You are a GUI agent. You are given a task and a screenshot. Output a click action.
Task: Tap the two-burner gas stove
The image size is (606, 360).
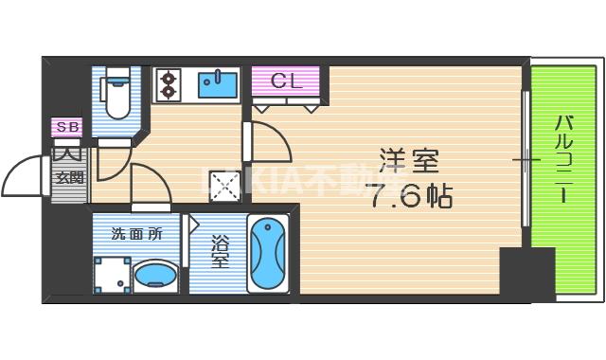pos(169,84)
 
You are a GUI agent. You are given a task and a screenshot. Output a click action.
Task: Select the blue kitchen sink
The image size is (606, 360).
pos(219,84)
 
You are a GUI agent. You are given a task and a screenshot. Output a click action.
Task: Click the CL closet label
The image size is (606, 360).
pos(286,81)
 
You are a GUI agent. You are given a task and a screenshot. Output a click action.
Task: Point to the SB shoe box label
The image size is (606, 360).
pos(67,126)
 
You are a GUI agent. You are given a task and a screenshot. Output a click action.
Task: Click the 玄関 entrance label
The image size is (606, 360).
pos(69,176)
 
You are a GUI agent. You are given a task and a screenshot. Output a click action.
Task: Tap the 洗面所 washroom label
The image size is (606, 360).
pos(137,233)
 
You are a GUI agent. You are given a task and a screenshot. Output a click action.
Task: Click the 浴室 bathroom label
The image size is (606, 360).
pos(220,252)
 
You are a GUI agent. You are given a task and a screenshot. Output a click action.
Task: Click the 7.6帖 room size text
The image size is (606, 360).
pos(409,197)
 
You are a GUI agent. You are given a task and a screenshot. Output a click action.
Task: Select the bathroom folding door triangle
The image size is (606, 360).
pos(192,225)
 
